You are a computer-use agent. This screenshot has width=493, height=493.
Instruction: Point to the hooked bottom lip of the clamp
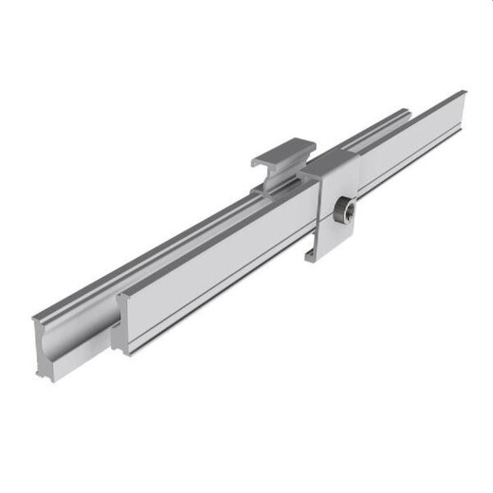[309, 255]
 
